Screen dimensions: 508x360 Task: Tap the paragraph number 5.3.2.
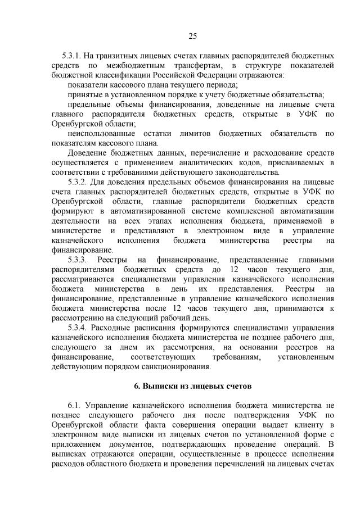[x=78, y=183]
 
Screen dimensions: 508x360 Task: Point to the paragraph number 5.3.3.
[x=78, y=260]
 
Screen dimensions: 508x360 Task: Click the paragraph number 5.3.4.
[x=78, y=328]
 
